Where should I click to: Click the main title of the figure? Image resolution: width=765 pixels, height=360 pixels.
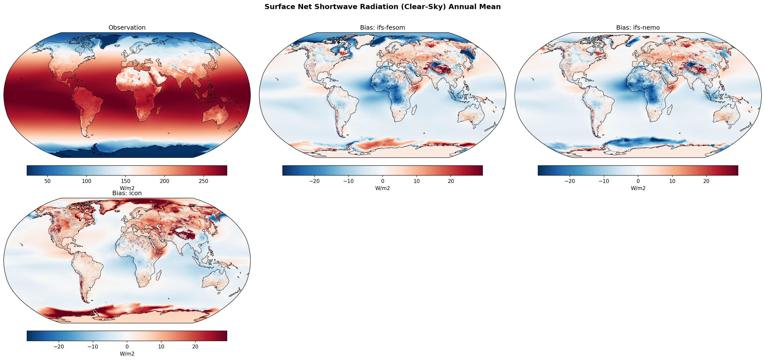click(382, 7)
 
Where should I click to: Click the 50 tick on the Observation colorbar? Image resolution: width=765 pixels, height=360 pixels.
click(48, 181)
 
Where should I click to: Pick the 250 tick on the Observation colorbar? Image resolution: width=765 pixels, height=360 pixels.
click(203, 181)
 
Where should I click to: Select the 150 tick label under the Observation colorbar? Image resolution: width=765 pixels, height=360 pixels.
click(125, 181)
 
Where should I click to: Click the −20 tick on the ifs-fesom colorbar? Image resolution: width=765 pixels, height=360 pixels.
click(314, 181)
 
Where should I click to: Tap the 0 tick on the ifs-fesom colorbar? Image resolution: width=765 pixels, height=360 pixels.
click(382, 181)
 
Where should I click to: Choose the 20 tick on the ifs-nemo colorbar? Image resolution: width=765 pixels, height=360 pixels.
click(706, 181)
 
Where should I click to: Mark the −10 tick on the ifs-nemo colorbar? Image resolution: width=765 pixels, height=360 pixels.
click(604, 181)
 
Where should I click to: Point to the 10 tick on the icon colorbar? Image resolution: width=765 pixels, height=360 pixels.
click(161, 346)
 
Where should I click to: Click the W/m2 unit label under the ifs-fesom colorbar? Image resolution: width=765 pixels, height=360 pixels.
click(382, 188)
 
